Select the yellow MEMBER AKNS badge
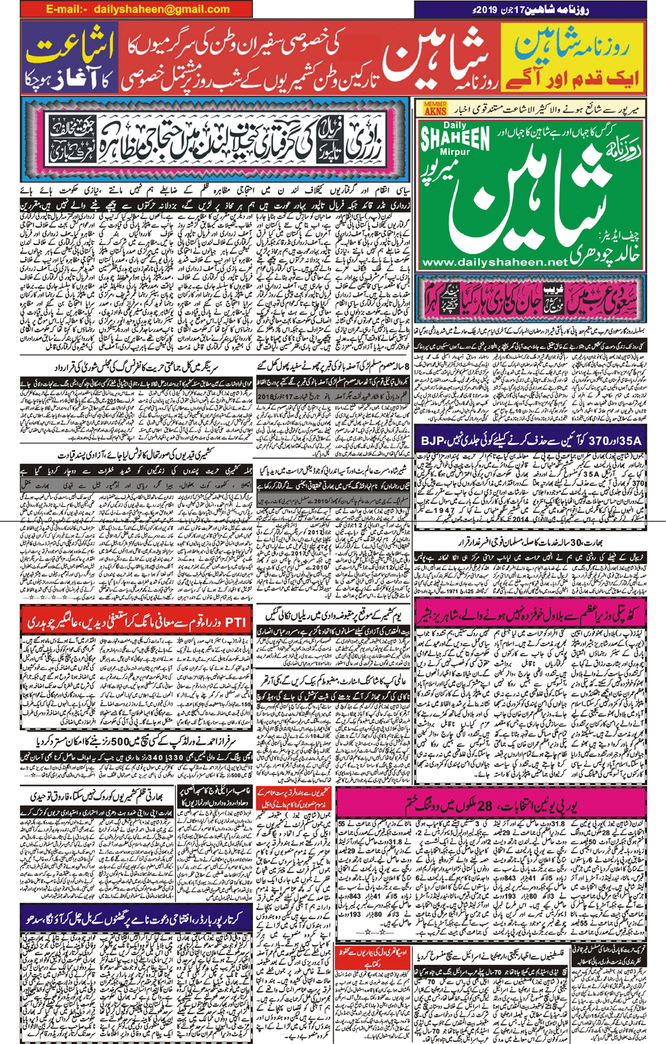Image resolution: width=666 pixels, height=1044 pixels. tap(435, 107)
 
